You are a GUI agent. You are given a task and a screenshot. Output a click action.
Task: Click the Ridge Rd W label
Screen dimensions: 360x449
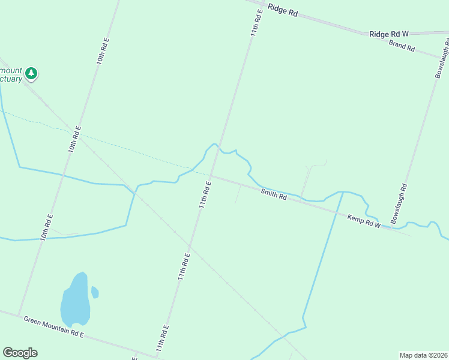point(389,34)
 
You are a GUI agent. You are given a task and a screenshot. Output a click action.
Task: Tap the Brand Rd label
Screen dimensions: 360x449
point(402,45)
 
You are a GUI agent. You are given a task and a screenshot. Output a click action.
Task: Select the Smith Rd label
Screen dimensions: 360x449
point(273,194)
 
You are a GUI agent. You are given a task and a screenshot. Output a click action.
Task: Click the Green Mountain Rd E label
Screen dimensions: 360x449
point(53,326)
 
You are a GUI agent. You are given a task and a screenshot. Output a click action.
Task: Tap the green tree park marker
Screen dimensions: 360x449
point(31,74)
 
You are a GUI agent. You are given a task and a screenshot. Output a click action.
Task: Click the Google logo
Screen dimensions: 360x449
point(20,353)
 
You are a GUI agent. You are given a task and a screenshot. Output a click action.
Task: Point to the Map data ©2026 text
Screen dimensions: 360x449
point(423,355)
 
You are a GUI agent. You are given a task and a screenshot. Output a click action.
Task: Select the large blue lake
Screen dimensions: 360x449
point(75,302)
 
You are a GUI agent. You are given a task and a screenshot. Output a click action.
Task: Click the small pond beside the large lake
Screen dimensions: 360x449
point(95,292)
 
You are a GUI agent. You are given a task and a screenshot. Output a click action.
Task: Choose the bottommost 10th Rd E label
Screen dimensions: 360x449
point(46,227)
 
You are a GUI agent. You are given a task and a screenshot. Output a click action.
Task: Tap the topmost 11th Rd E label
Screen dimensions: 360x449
point(257,23)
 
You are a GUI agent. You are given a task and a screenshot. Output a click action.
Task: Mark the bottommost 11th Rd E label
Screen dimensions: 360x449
point(161,338)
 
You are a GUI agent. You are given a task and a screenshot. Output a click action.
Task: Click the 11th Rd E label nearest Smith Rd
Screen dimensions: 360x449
point(205,194)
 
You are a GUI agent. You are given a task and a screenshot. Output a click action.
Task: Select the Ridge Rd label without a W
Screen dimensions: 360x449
point(283,10)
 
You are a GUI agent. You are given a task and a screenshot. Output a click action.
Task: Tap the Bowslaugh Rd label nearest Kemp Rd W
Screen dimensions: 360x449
point(399,204)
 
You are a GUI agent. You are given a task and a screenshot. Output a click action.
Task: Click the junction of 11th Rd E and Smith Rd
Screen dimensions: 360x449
point(212,176)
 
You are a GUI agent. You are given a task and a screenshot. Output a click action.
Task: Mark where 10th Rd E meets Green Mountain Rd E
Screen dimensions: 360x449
point(19,315)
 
